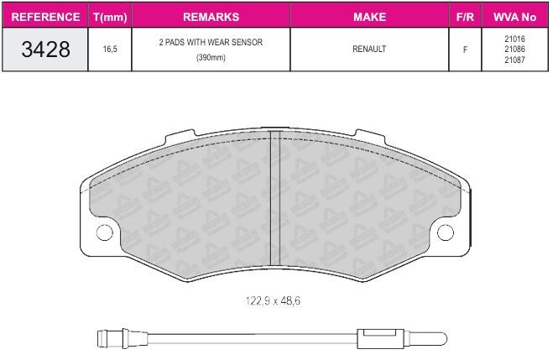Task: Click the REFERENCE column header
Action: (x=45, y=17)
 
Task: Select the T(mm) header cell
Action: (x=110, y=17)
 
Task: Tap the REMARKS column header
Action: (x=211, y=17)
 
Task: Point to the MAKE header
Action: (x=369, y=17)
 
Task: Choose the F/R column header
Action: (x=465, y=17)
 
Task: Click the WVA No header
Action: (x=514, y=17)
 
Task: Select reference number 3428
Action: (x=45, y=49)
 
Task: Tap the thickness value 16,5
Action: (x=110, y=49)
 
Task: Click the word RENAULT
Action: (x=369, y=49)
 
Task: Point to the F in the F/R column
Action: (x=465, y=50)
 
